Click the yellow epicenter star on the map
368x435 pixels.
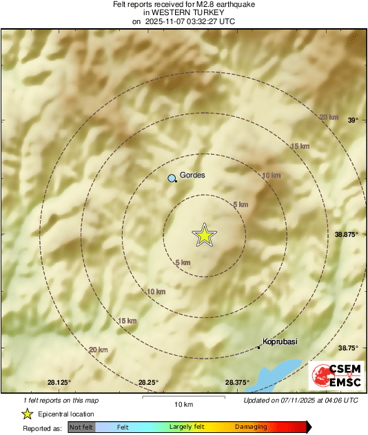click(204, 235)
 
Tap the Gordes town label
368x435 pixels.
click(192, 175)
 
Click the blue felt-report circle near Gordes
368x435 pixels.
click(172, 179)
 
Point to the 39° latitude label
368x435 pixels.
click(353, 120)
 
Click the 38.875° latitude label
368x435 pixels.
click(347, 234)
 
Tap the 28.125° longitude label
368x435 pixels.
click(59, 382)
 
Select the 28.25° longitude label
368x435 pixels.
click(148, 382)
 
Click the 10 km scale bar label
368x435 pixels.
click(183, 403)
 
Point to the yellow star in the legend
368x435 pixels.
click(27, 414)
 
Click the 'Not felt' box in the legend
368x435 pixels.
click(81, 427)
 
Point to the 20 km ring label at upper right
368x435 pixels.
click(329, 117)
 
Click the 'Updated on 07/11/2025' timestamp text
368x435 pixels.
click(301, 400)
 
